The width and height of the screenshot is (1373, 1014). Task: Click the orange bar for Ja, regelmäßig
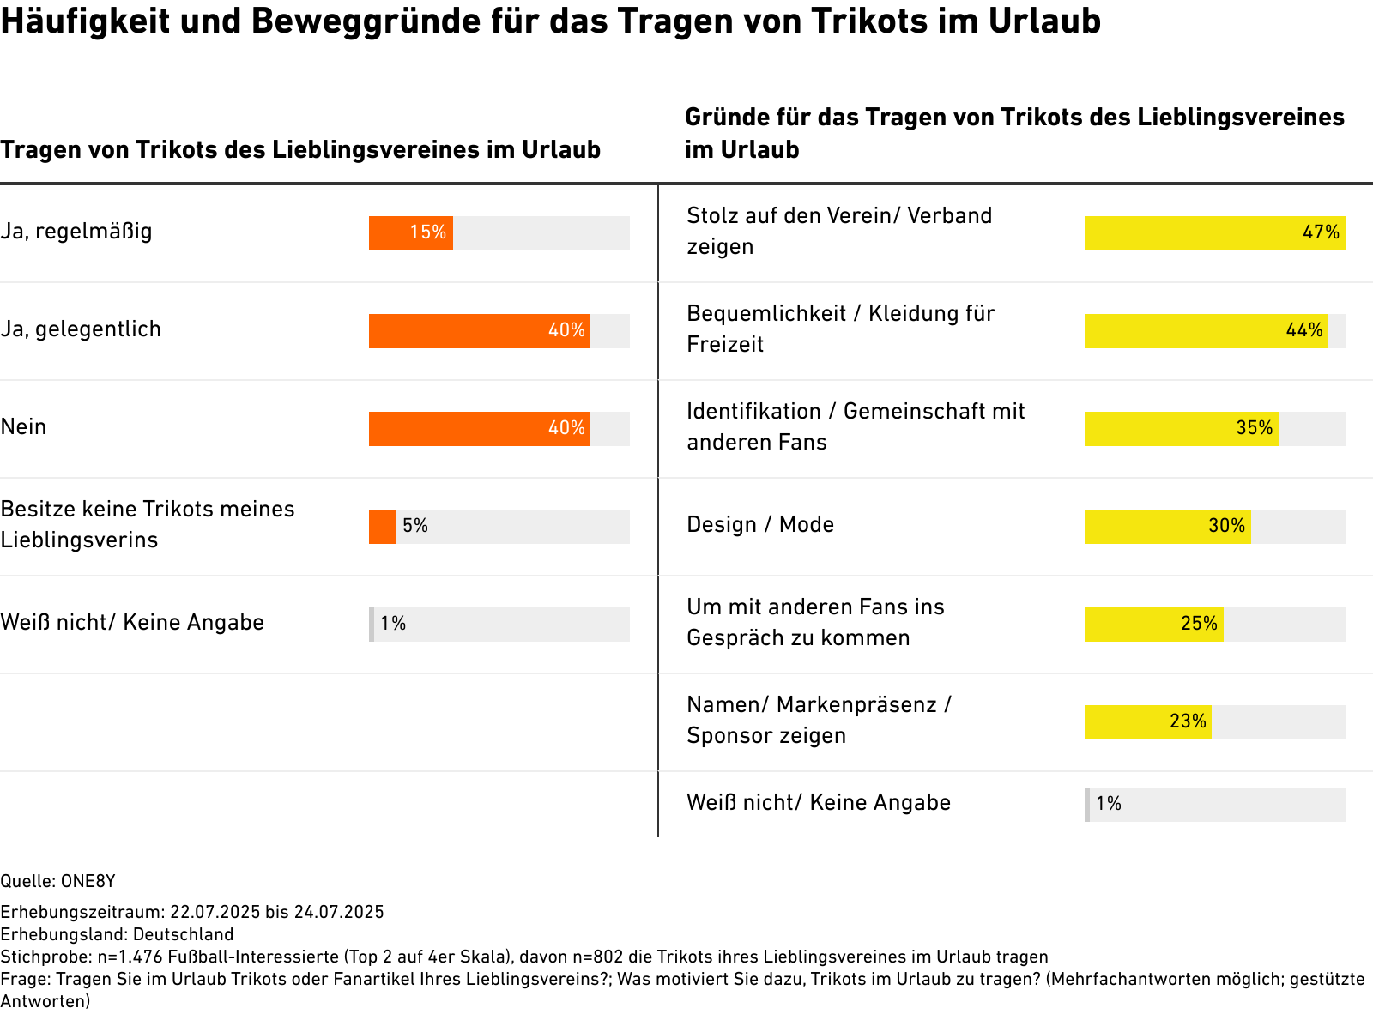(x=410, y=232)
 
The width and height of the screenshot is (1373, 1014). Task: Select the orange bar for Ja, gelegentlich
(x=479, y=330)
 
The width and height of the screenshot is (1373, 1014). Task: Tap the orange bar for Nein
(x=479, y=428)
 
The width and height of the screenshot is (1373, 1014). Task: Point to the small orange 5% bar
(x=383, y=526)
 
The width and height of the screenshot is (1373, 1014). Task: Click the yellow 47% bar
(x=1214, y=232)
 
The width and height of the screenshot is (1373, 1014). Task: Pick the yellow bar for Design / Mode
(x=1167, y=526)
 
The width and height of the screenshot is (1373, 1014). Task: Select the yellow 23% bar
(x=1147, y=721)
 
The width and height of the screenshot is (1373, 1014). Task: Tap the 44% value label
(x=1303, y=330)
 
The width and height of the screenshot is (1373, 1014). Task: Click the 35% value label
(x=1254, y=428)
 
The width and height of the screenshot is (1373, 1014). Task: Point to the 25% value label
(x=1199, y=624)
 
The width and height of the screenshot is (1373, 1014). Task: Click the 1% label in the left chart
(x=393, y=624)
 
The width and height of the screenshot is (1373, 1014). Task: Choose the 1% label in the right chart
(x=1108, y=804)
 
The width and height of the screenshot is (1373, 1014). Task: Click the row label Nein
(x=23, y=427)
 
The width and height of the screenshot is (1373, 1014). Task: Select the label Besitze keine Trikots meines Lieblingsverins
(x=148, y=524)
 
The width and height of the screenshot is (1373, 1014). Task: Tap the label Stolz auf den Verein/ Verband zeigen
(x=839, y=231)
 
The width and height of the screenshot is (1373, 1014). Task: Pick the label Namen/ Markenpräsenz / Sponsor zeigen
(x=819, y=720)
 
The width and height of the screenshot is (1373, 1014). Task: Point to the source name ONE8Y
(x=88, y=881)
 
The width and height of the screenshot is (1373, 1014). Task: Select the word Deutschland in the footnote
(x=184, y=934)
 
